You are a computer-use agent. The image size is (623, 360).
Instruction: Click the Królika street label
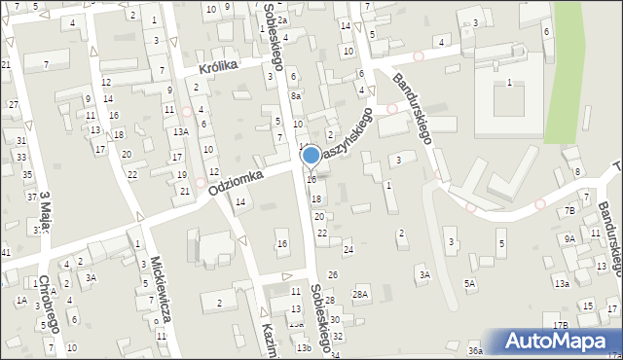[x=219, y=69]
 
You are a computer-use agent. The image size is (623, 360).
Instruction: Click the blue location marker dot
[x=311, y=155]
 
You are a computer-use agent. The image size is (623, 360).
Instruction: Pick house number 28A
[x=360, y=294]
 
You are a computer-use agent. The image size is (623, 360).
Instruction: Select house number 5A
[x=470, y=284]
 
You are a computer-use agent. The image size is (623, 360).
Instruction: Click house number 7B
[x=569, y=210]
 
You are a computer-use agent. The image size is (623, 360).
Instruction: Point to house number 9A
[x=569, y=238]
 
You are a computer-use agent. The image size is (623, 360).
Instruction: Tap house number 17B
[x=560, y=325]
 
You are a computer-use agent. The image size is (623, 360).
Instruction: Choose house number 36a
[x=474, y=350]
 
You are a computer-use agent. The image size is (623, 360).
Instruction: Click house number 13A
[x=180, y=131]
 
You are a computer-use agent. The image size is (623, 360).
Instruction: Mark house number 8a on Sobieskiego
[x=295, y=96]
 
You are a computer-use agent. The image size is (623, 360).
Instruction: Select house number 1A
[x=21, y=301]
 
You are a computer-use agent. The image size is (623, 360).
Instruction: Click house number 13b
[x=304, y=348]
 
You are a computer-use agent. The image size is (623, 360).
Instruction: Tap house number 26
[x=332, y=275]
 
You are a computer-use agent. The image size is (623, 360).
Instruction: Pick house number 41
[x=5, y=253]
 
